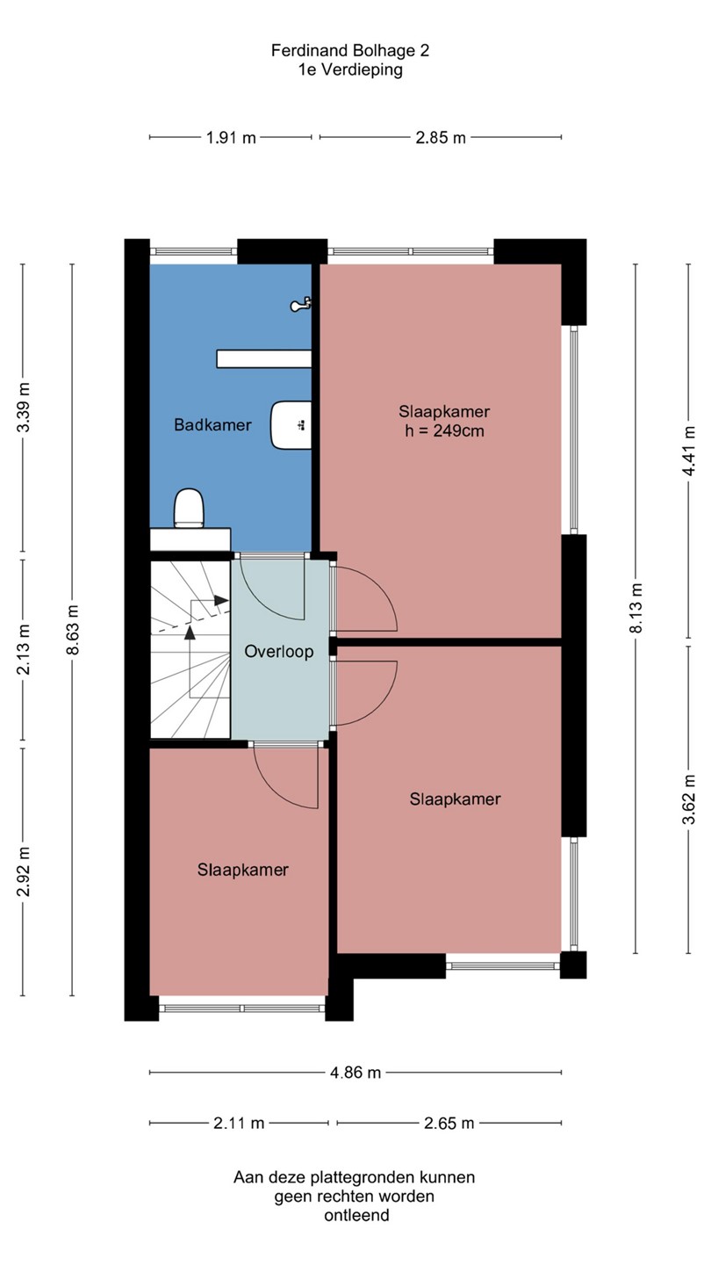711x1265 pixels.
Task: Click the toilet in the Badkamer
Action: pyautogui.click(x=189, y=509)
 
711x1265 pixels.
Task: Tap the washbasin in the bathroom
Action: pyautogui.click(x=291, y=425)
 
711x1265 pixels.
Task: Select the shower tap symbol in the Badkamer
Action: pyautogui.click(x=301, y=304)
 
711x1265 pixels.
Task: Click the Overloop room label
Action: pyautogui.click(x=279, y=652)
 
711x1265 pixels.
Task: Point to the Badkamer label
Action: pyautogui.click(x=212, y=424)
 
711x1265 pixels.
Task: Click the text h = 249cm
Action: pyautogui.click(x=445, y=430)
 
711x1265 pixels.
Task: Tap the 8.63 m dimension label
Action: pyautogui.click(x=72, y=630)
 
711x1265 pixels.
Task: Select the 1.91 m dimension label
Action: pyautogui.click(x=231, y=137)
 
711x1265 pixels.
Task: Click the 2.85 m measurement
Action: pyautogui.click(x=441, y=137)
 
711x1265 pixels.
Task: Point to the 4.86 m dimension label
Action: pyautogui.click(x=355, y=1072)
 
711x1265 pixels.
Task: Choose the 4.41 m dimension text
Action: pyautogui.click(x=688, y=451)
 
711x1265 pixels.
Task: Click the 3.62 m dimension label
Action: pyautogui.click(x=688, y=799)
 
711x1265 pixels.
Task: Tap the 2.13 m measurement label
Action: pyautogui.click(x=23, y=649)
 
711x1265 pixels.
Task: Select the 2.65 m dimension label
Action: pyautogui.click(x=449, y=1123)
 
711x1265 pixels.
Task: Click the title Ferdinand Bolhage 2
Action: pyautogui.click(x=350, y=51)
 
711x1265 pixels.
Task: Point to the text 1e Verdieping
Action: pyautogui.click(x=350, y=70)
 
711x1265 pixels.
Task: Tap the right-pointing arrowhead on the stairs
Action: pyautogui.click(x=221, y=600)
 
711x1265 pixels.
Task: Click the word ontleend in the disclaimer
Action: pyautogui.click(x=356, y=1215)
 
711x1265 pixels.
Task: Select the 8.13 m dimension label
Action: pyautogui.click(x=636, y=608)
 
